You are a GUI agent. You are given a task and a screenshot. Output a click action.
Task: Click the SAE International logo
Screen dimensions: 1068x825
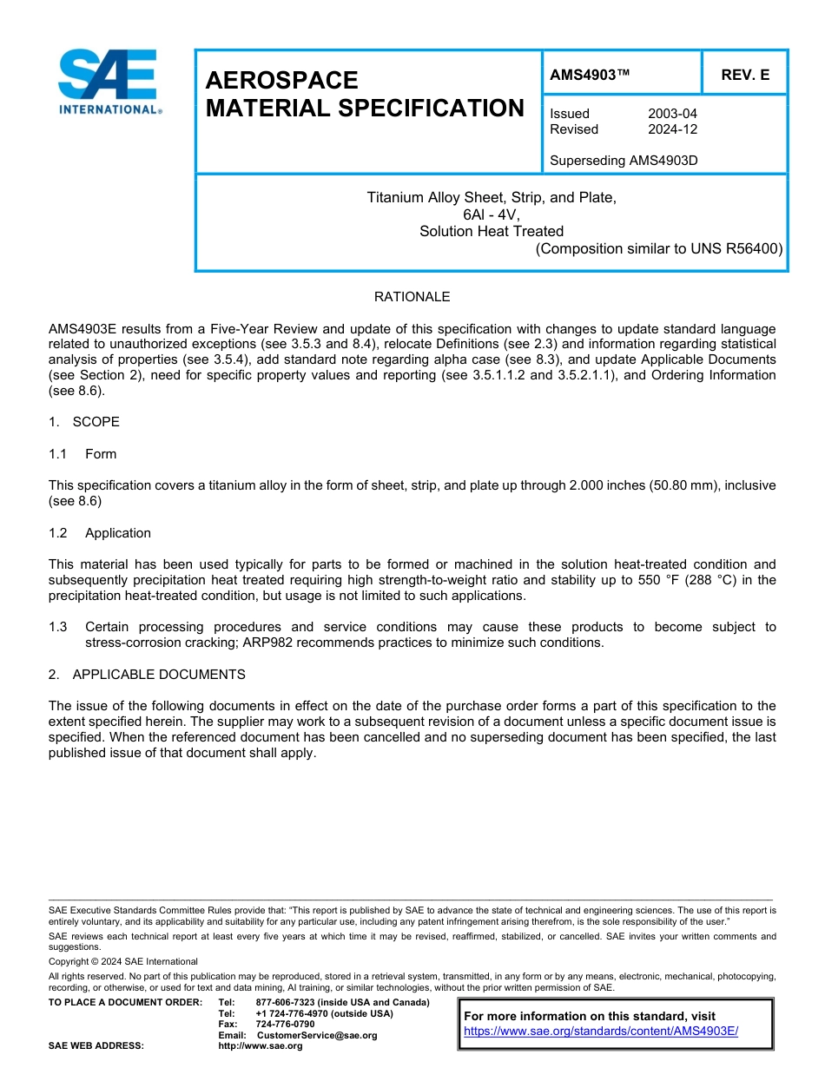109,82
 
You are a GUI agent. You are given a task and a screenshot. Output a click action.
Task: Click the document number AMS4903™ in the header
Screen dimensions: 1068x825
590,76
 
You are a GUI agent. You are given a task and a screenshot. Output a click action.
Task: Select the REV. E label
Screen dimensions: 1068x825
745,76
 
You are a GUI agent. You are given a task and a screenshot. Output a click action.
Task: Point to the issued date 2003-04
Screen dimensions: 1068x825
672,114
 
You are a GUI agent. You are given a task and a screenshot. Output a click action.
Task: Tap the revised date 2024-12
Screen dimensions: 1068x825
672,129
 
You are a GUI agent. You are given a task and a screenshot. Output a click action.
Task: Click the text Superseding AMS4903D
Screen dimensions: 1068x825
624,161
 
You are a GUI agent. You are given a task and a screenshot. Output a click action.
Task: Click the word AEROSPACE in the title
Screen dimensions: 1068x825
281,81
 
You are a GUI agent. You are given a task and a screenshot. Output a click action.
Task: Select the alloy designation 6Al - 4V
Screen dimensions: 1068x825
492,214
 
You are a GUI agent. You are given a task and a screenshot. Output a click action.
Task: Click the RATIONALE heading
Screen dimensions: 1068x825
412,297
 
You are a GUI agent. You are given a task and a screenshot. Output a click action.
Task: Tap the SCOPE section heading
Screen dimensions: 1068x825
96,422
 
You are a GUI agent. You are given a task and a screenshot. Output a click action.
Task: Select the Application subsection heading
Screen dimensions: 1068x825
118,533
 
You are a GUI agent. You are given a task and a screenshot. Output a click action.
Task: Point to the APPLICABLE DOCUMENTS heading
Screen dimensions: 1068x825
159,675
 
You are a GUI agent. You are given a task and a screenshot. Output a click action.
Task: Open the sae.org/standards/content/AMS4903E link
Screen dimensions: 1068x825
601,1032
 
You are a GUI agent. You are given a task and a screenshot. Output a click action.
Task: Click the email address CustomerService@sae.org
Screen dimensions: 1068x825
317,1035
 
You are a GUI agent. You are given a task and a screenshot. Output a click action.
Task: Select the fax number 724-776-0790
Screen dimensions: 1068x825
286,1025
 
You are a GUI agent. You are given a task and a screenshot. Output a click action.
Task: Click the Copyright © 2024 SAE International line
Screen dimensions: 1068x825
123,961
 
